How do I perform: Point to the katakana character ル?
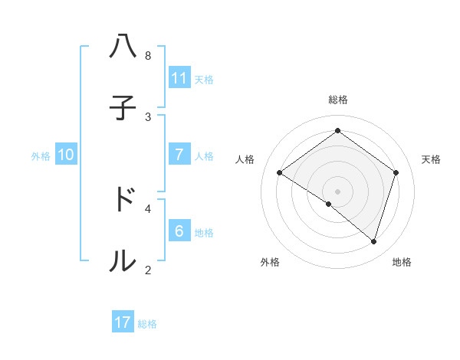coord(123,260)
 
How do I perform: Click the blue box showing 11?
coord(179,77)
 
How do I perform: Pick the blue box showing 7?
coord(179,154)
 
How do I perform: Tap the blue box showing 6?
coord(179,231)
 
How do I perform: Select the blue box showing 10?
coord(66,154)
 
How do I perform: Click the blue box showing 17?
coord(123,322)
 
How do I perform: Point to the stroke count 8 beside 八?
coord(148,56)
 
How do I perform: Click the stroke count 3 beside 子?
coord(148,116)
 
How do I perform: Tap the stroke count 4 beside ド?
coord(148,208)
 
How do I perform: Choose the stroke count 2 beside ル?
coord(148,269)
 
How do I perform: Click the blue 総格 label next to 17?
coord(147,323)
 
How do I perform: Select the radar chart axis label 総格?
coord(338,100)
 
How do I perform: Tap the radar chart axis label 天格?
coord(431,159)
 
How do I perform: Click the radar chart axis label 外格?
coord(269,262)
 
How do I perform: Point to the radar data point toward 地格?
coord(373,241)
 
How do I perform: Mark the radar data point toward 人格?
coord(279,172)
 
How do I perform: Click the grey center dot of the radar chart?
coord(337,191)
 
